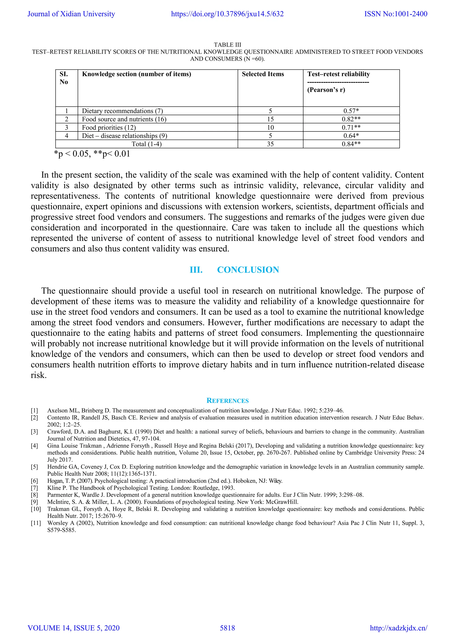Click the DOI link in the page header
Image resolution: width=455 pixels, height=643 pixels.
coord(227,14)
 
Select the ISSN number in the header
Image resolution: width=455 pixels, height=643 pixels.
coord(396,14)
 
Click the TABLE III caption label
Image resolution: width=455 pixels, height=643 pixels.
coord(227,45)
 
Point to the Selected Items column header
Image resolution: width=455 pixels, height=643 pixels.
coord(263,74)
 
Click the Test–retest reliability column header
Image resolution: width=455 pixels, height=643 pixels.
coord(338,74)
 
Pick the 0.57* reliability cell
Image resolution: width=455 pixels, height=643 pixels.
coord(351,111)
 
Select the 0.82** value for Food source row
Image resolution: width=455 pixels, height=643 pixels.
coord(351,119)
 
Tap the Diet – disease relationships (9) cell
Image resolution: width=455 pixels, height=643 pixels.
coord(124,136)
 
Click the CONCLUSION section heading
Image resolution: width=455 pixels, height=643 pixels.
coord(248,270)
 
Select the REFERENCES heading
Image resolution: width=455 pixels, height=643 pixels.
coord(227,401)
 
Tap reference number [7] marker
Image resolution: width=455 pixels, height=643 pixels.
coord(34,488)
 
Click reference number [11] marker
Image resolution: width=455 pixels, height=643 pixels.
coord(36,523)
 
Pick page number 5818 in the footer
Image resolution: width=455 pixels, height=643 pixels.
coord(227,628)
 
